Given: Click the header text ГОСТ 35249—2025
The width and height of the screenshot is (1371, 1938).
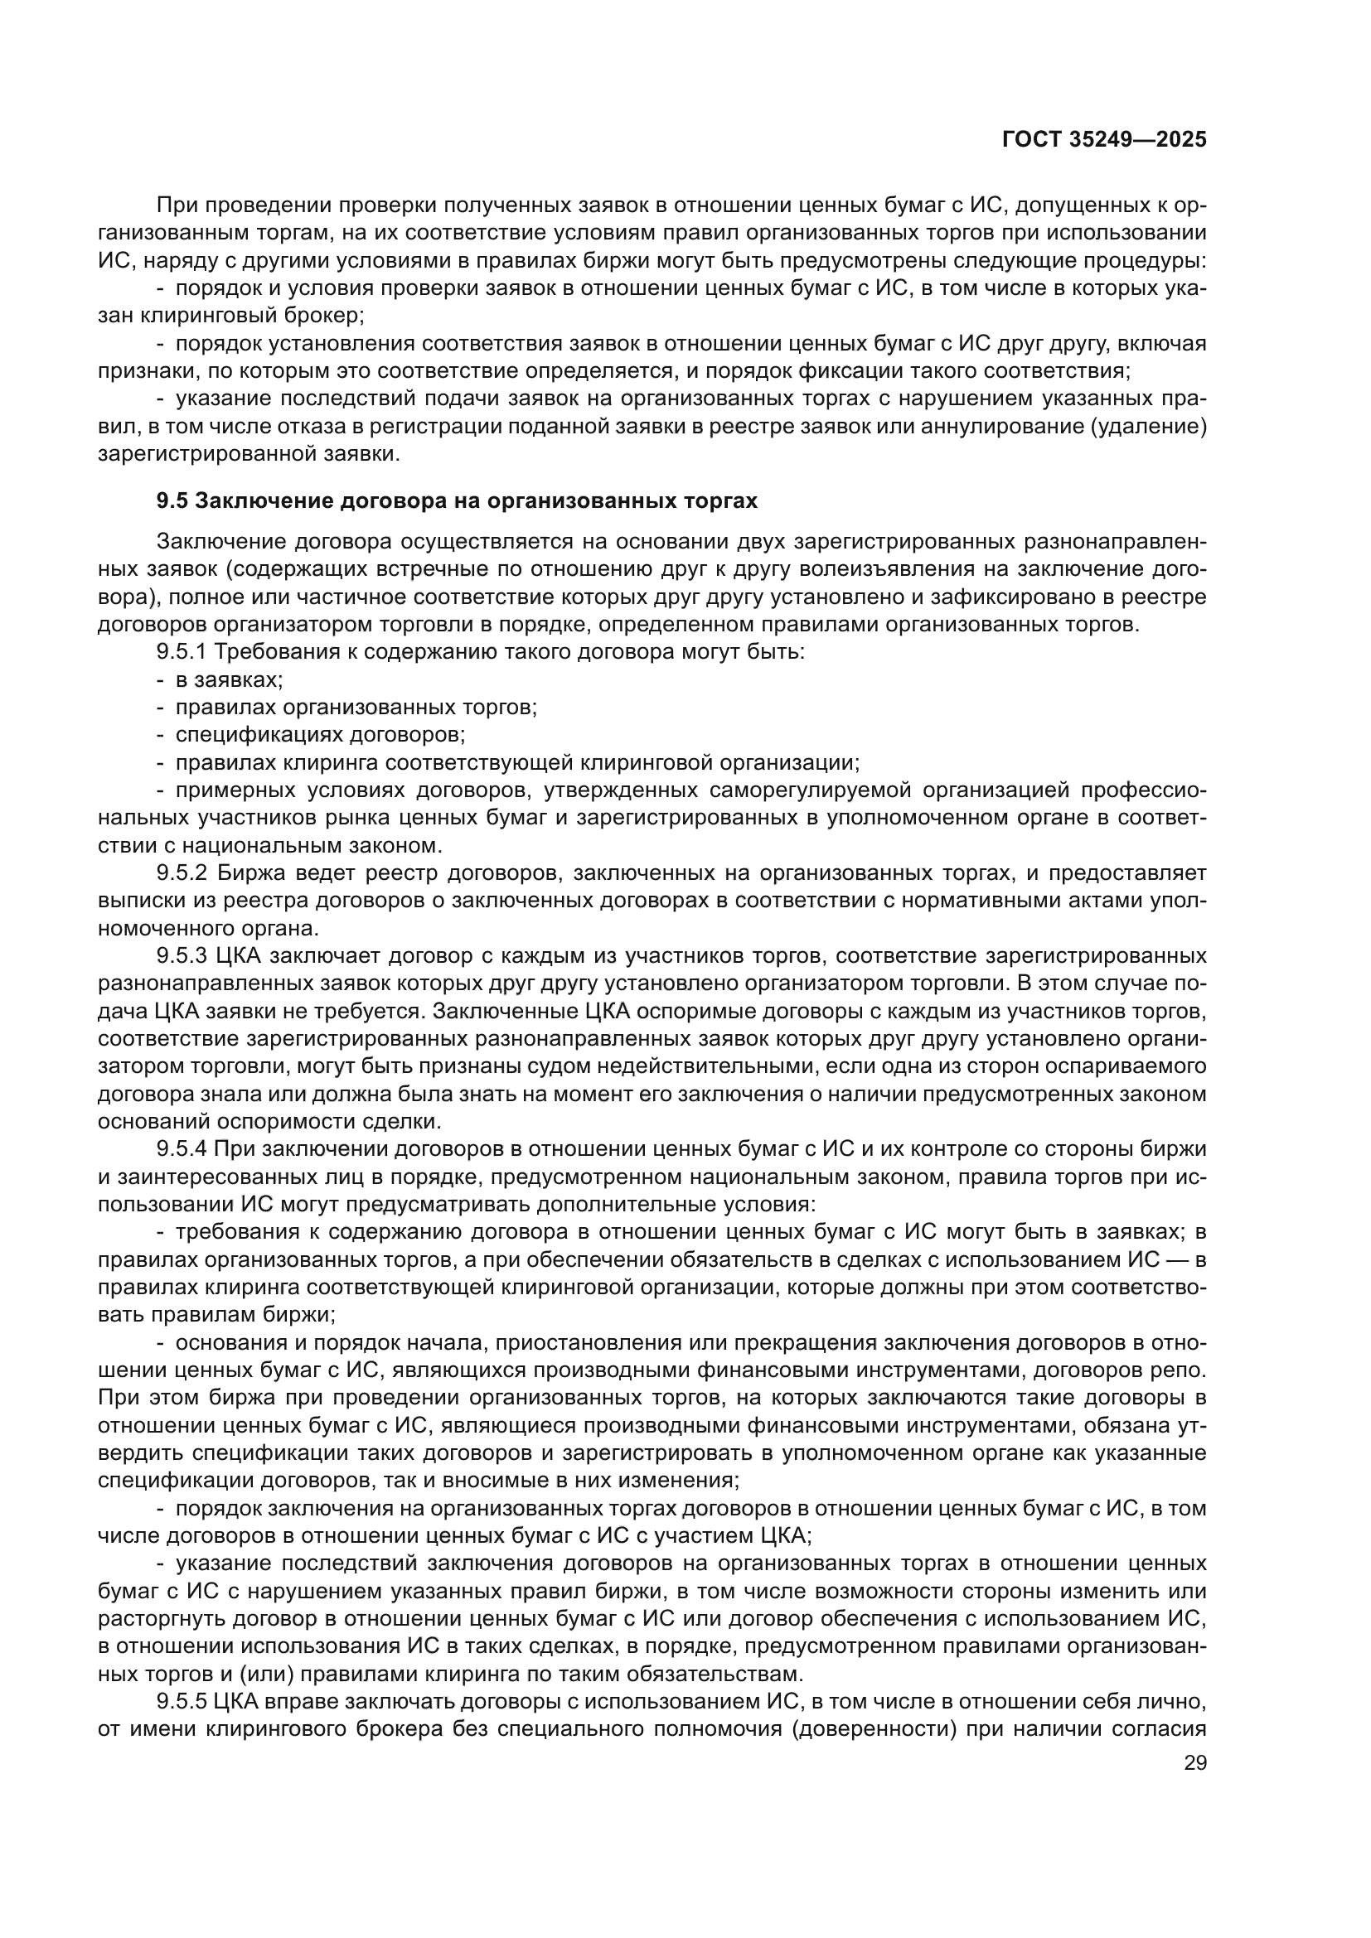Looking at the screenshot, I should tap(1103, 140).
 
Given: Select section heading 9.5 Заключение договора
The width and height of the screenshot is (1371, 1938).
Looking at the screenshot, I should tap(457, 500).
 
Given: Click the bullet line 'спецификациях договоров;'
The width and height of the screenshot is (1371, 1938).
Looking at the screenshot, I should tap(320, 734).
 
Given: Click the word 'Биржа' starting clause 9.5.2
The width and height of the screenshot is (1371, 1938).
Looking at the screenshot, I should tap(247, 872).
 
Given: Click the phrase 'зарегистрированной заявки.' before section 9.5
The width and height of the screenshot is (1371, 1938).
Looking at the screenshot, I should tap(249, 454).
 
